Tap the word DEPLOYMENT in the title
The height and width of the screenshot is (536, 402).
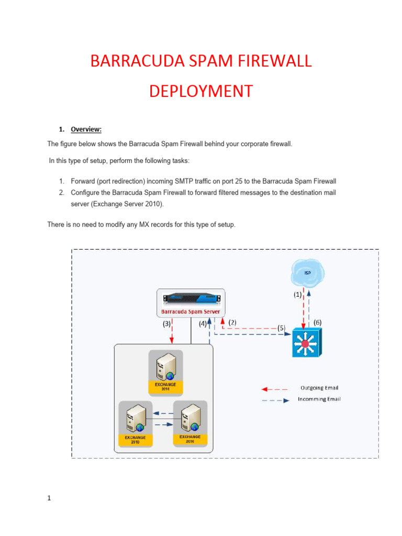pos(200,91)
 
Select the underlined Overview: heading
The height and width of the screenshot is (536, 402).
pos(86,129)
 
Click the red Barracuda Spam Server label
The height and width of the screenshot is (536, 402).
pos(191,311)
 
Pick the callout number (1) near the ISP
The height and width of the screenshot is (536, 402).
pos(297,295)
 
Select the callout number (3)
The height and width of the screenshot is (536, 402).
pos(166,324)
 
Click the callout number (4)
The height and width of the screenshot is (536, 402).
pos(203,324)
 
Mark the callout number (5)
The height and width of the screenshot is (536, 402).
pos(281,328)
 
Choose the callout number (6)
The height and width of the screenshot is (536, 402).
pos(317,323)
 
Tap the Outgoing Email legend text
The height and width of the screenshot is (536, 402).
pos(319,388)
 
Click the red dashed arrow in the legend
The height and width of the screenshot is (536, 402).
pos(274,389)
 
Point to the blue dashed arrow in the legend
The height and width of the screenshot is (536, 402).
pos(274,400)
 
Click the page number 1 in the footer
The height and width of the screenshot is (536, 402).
pos(49,498)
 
